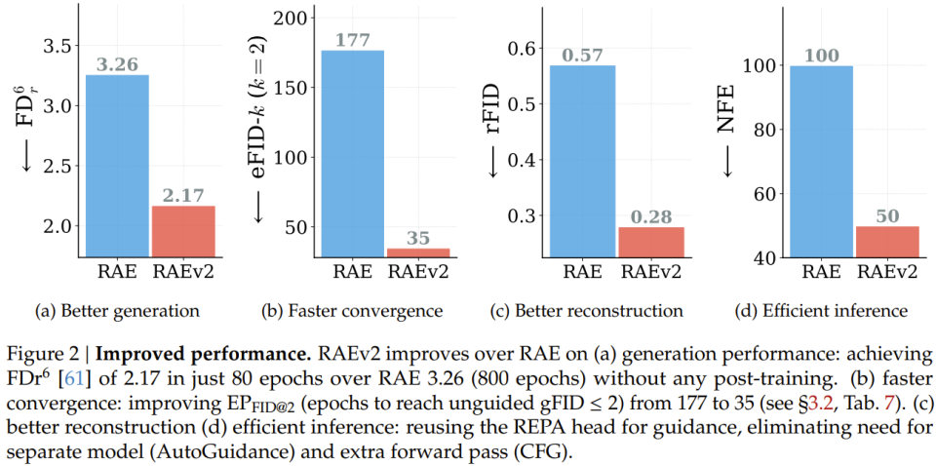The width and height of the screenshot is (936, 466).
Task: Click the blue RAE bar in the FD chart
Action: point(118,166)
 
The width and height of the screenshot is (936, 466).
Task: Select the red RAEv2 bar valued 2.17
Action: point(184,231)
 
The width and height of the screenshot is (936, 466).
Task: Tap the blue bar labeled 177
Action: point(352,154)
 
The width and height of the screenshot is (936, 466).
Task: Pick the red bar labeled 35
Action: point(418,253)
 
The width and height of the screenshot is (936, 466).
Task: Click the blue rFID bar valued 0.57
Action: point(584,161)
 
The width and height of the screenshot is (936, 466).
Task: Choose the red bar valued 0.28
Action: point(650,242)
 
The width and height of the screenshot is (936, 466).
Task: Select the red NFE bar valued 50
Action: point(887,242)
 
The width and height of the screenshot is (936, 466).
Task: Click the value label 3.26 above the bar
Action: point(118,64)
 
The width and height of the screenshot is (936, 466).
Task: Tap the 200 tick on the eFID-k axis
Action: point(291,18)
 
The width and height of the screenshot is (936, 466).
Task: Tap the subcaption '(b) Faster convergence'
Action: point(352,311)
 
